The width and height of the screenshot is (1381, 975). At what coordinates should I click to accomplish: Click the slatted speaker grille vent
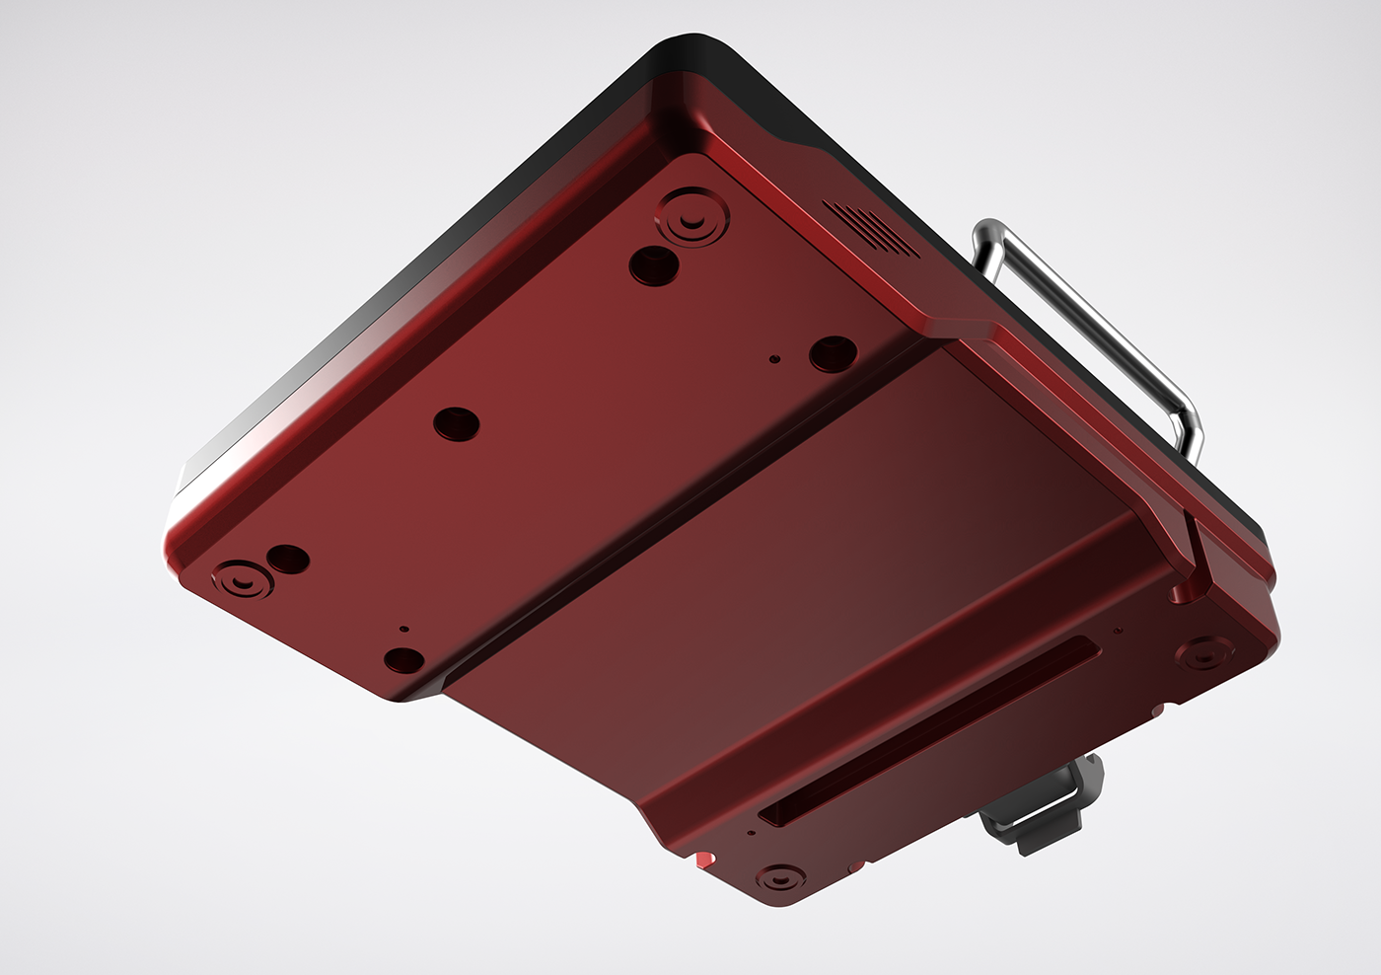pos(871,226)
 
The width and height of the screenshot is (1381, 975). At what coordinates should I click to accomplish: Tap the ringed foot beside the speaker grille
pos(694,216)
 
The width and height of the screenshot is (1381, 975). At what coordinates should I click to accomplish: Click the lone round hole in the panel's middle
pos(457,423)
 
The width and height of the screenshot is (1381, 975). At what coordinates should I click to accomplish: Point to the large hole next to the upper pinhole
pos(833,352)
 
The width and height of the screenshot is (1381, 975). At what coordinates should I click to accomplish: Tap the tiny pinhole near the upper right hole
pos(775,360)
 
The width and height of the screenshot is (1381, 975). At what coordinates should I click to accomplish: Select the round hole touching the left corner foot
pos(289,560)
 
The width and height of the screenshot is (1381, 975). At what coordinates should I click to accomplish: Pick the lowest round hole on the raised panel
pos(404,659)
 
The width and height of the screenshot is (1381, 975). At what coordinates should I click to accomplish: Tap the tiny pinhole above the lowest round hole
pos(402,627)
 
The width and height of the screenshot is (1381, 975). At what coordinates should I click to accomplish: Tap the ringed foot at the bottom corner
pos(780,876)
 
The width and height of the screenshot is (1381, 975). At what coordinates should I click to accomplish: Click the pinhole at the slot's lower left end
pos(753,833)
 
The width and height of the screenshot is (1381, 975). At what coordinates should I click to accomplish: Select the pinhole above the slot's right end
pos(1117,630)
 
